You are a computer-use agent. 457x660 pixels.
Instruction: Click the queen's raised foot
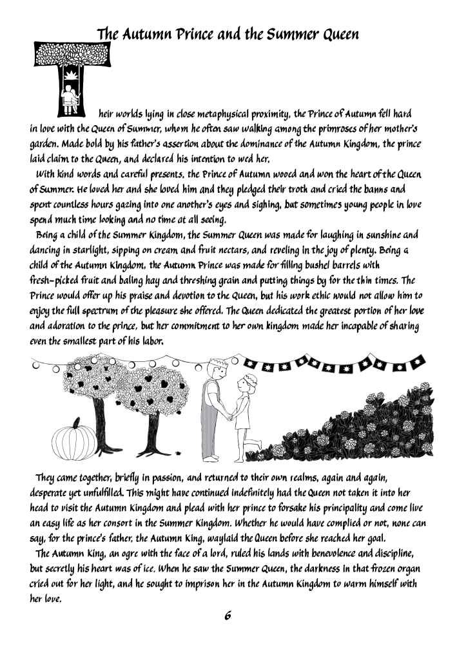pyautogui.click(x=257, y=443)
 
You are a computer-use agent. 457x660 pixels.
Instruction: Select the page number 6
pyautogui.click(x=228, y=614)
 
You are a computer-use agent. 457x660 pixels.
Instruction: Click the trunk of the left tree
pyautogui.click(x=97, y=419)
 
